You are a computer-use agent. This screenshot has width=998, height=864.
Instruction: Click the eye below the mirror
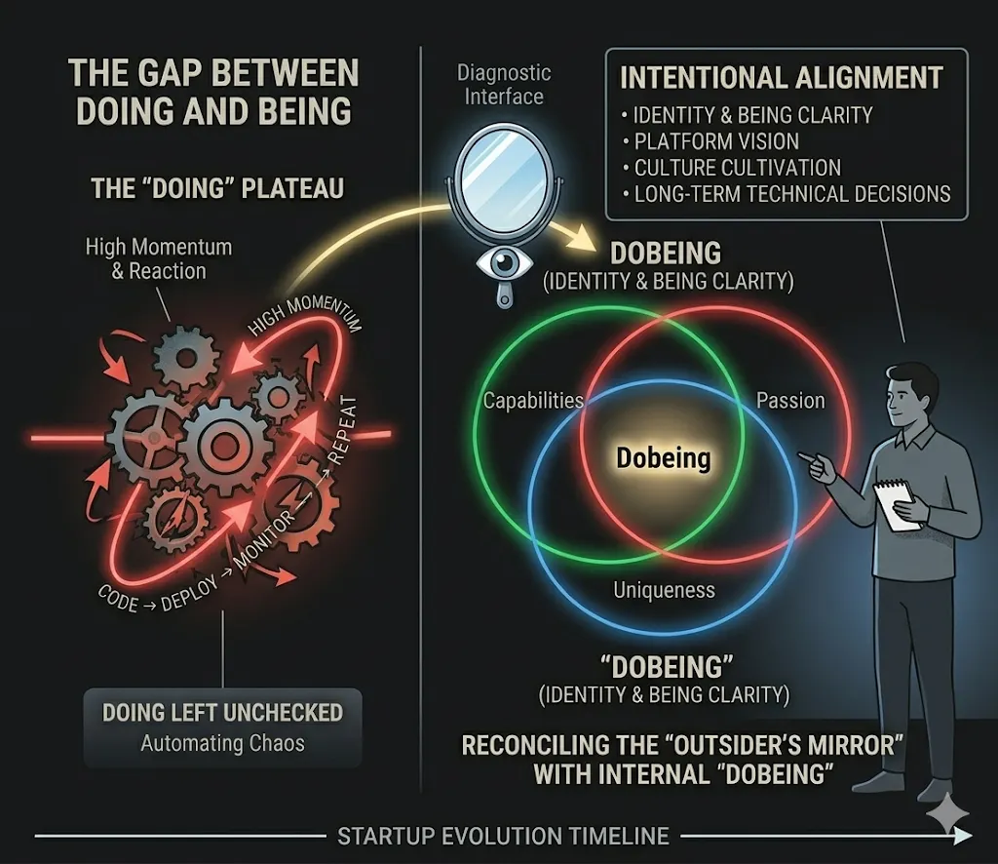[504, 262]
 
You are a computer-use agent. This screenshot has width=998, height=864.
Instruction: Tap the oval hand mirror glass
[504, 179]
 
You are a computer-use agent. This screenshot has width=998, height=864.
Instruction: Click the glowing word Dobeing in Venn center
[663, 457]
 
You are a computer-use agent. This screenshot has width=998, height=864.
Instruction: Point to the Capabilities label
[533, 401]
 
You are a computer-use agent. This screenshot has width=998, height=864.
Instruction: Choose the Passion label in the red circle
[790, 401]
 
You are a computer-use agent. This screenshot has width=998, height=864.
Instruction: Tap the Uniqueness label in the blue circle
[664, 590]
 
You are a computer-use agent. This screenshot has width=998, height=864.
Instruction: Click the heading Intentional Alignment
[781, 78]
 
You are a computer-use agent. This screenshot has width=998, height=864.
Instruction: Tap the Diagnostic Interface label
[504, 85]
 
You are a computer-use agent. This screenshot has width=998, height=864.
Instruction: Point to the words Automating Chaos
[223, 743]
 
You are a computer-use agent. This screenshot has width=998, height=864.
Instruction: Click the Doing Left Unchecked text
[223, 713]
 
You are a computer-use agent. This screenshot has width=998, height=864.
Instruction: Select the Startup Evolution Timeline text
[504, 836]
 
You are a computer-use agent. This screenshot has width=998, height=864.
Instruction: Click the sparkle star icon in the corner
[947, 813]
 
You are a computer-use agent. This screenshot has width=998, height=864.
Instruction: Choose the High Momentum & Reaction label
[159, 258]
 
